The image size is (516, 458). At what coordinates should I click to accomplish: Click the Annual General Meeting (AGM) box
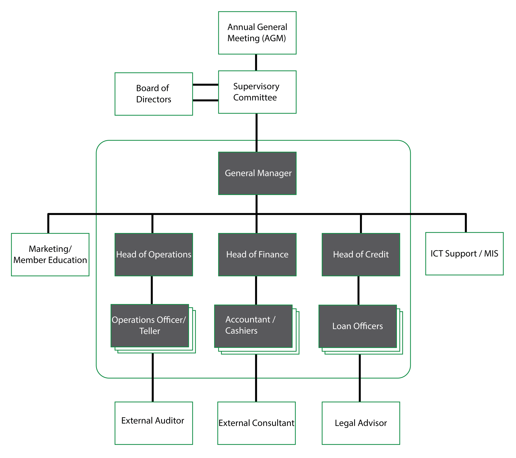pyautogui.click(x=257, y=33)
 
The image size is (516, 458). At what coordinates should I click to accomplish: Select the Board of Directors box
pyautogui.click(x=154, y=94)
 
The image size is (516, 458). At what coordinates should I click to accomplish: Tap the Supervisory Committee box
pyautogui.click(x=257, y=92)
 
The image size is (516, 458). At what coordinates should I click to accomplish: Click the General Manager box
pyautogui.click(x=257, y=173)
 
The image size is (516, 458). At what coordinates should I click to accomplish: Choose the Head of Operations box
pyautogui.click(x=154, y=255)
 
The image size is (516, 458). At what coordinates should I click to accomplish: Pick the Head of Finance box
pyautogui.click(x=257, y=255)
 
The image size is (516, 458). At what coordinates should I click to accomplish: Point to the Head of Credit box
pyautogui.click(x=361, y=255)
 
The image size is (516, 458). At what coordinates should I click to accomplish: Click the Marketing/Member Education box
pyautogui.click(x=50, y=255)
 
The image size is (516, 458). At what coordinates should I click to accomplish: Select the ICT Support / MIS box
pyautogui.click(x=464, y=254)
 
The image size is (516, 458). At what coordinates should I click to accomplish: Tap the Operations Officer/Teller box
pyautogui.click(x=150, y=326)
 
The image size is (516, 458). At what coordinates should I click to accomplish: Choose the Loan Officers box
pyautogui.click(x=357, y=326)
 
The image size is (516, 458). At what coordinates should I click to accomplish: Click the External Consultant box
pyautogui.click(x=256, y=423)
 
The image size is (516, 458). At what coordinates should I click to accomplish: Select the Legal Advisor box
pyautogui.click(x=361, y=423)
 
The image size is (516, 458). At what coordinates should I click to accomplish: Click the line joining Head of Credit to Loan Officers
pyautogui.click(x=358, y=290)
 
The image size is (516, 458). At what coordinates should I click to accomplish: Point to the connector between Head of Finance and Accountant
pyautogui.click(x=256, y=290)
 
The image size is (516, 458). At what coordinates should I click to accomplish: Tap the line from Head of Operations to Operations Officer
pyautogui.click(x=152, y=290)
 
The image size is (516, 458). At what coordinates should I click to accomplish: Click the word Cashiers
pyautogui.click(x=241, y=331)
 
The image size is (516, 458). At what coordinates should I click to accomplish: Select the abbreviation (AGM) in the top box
pyautogui.click(x=274, y=38)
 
